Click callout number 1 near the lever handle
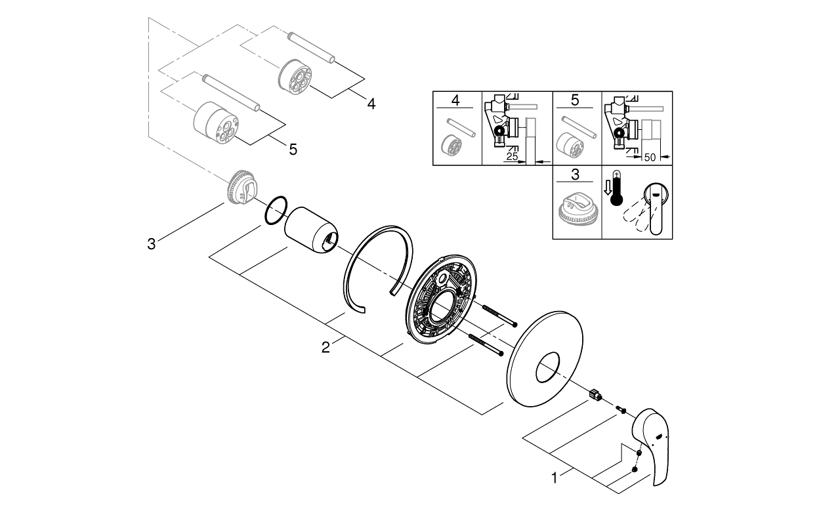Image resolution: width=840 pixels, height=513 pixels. [x=555, y=479]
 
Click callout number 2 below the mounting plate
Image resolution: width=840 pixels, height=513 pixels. [x=325, y=348]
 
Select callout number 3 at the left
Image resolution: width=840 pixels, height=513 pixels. [x=152, y=244]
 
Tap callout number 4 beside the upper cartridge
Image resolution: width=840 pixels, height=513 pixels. [x=371, y=104]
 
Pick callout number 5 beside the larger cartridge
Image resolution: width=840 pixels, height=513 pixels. [x=293, y=150]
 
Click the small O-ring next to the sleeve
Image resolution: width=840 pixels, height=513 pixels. [x=276, y=209]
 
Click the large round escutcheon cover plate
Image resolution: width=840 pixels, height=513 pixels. [x=545, y=359]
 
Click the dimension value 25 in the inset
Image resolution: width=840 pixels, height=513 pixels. [x=511, y=157]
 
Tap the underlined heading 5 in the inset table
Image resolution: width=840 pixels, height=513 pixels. [x=575, y=102]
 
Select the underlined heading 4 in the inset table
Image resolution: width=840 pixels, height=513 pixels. [x=457, y=102]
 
